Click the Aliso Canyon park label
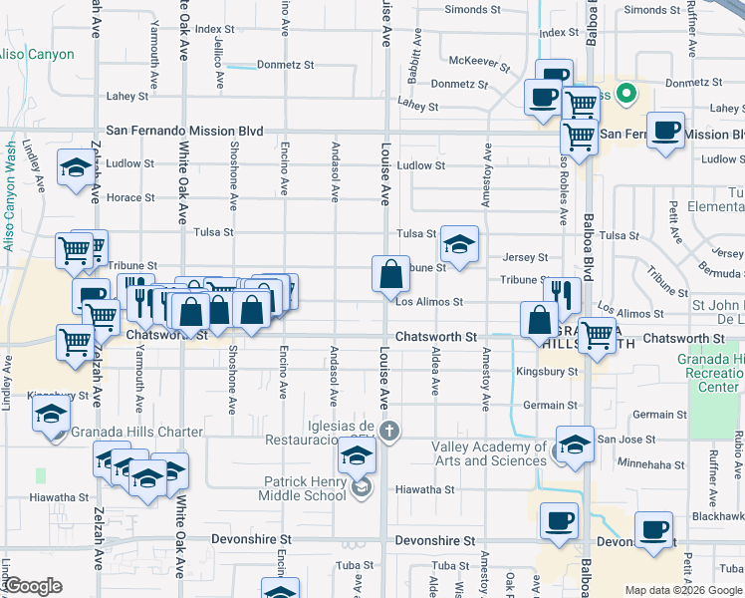37,54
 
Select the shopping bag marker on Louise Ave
390,274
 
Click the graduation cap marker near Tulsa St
459,244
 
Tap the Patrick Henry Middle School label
305,487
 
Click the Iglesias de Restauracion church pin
389,432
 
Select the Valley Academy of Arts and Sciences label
490,453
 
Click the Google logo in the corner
33,586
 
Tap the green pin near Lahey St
625,95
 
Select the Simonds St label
472,9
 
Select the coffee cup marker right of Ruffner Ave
665,130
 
